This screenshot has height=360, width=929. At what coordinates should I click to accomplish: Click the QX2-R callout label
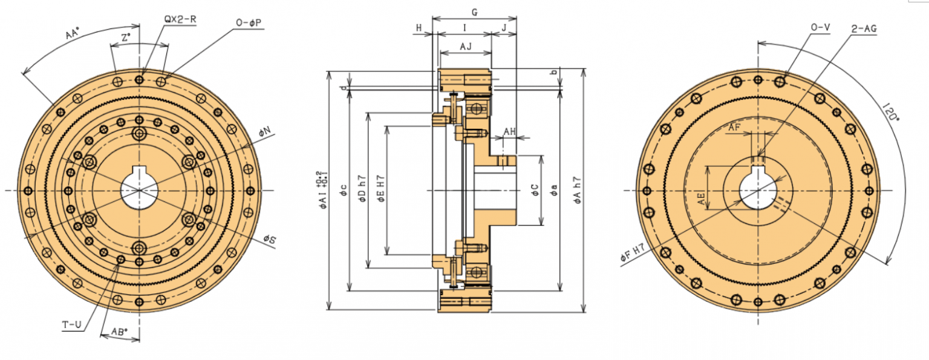tap(180, 19)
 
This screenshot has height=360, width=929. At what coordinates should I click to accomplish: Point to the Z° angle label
tap(126, 38)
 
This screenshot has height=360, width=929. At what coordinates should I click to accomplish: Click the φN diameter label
tap(266, 132)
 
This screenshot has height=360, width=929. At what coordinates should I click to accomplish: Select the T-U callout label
tap(72, 325)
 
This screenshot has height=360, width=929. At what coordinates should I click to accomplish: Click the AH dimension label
tap(510, 131)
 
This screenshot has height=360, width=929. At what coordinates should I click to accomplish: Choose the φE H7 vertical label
tap(380, 189)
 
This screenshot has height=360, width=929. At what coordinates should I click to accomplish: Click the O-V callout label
tap(820, 28)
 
